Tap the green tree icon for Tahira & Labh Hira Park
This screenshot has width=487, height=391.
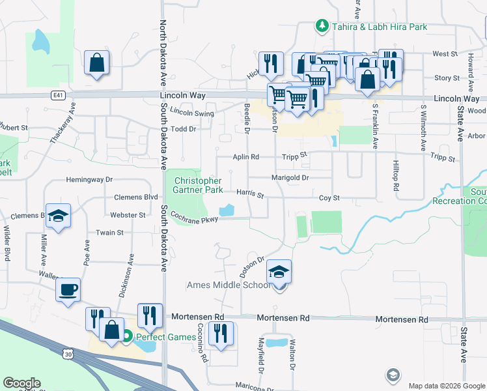(321, 26)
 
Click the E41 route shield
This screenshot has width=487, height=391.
(59, 95)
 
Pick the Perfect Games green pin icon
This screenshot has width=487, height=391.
(128, 337)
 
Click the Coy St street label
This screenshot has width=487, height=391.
(329, 197)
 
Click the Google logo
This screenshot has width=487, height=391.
(21, 383)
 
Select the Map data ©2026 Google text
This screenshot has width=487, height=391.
(446, 386)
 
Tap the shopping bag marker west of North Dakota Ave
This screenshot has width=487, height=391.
(96, 63)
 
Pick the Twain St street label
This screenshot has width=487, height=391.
(109, 233)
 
